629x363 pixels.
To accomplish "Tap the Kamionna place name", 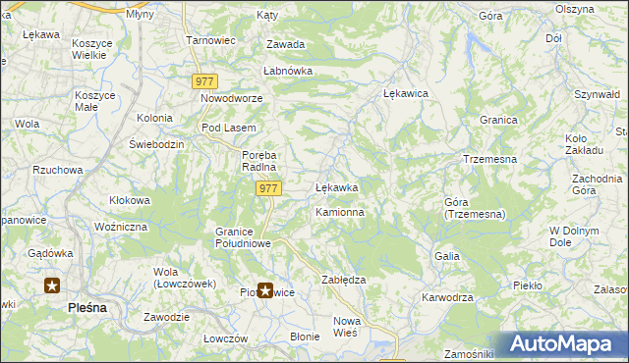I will click(x=340, y=212).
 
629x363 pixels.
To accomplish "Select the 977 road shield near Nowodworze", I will click(x=205, y=82).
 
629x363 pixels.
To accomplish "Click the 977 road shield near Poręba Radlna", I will click(x=268, y=187).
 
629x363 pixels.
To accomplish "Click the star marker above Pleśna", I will click(x=52, y=286).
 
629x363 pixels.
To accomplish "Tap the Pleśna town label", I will click(x=87, y=307).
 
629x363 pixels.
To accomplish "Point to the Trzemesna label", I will click(x=489, y=159).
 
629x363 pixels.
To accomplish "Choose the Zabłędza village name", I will click(x=344, y=280).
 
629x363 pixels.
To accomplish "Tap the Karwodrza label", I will click(x=447, y=297).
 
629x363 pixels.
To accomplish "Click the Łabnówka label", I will click(x=287, y=72).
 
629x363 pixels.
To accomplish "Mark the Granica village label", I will click(x=499, y=119).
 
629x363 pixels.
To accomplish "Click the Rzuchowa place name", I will click(x=57, y=170).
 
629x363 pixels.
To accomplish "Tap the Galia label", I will click(x=447, y=255).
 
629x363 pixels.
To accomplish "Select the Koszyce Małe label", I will click(x=95, y=102).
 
